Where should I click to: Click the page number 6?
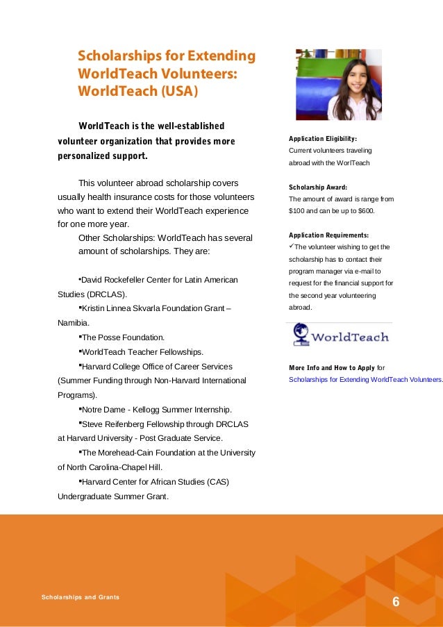click(x=396, y=601)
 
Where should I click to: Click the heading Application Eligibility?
click(x=322, y=139)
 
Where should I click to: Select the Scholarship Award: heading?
click(x=317, y=187)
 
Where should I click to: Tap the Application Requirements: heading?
click(x=328, y=235)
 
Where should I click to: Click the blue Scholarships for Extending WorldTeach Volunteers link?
click(x=365, y=379)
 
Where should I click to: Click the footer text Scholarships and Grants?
click(x=80, y=596)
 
